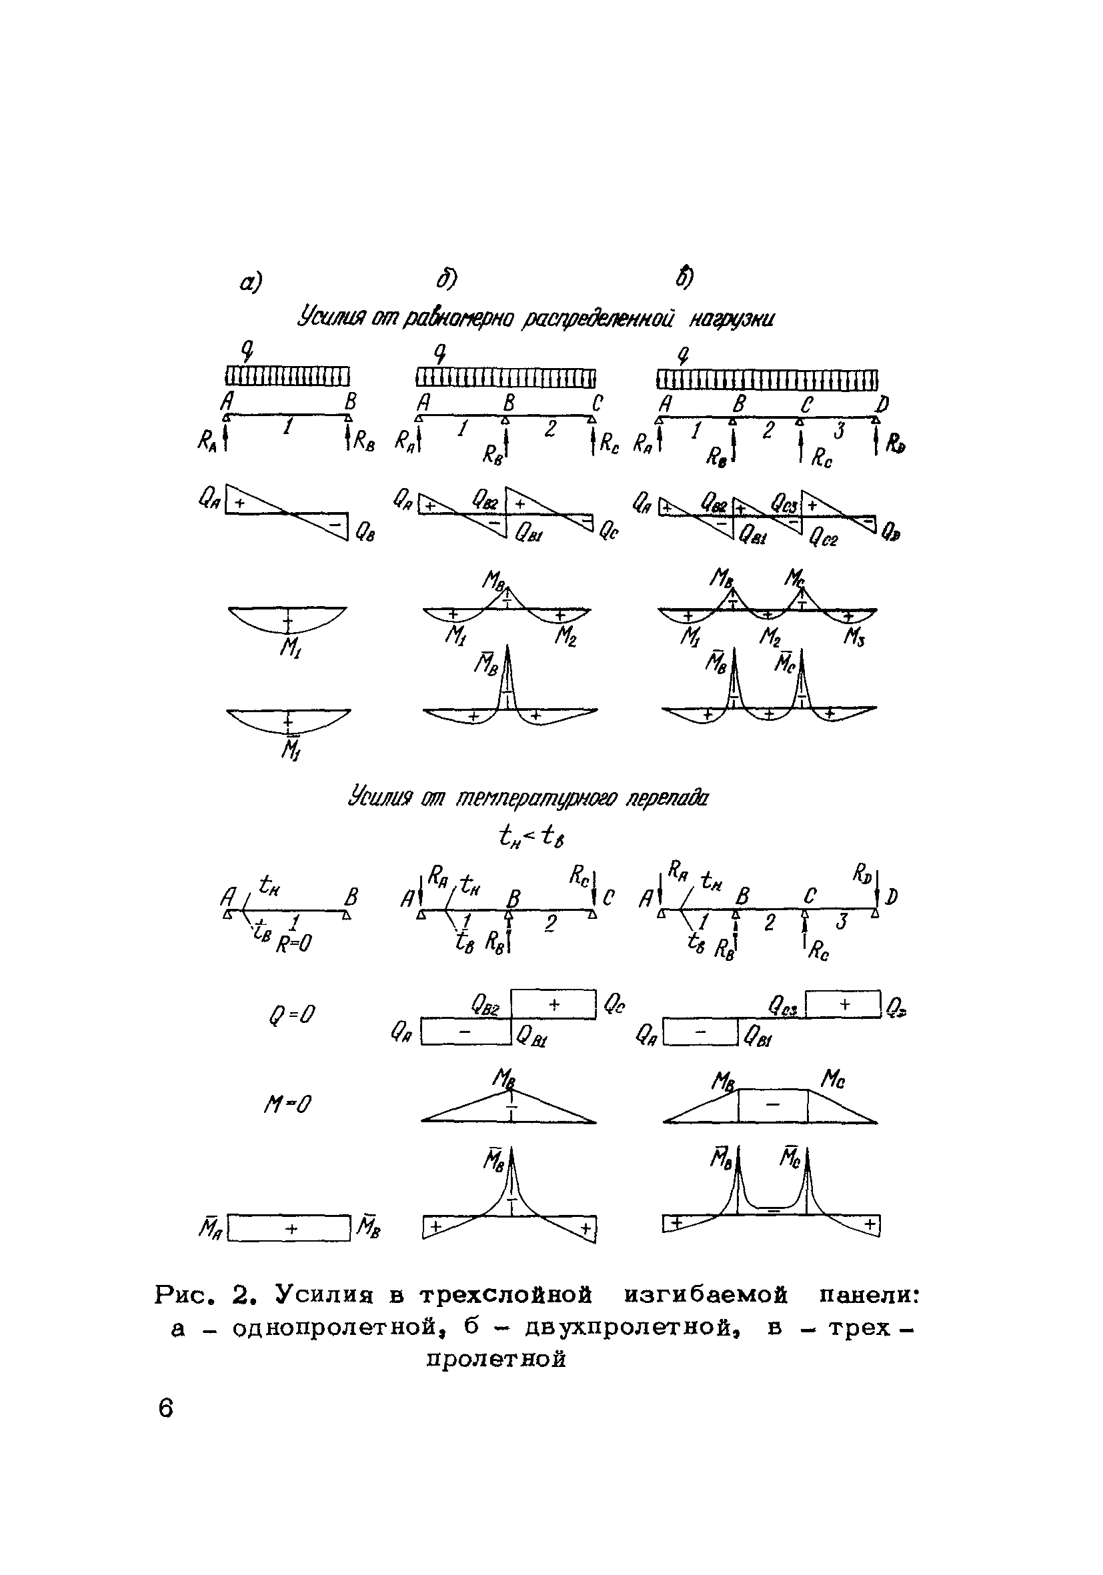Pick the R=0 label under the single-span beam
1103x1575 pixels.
click(x=294, y=946)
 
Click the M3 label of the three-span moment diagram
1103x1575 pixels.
click(x=855, y=639)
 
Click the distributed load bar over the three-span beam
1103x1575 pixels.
click(x=767, y=379)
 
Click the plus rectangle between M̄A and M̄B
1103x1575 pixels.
click(x=289, y=1228)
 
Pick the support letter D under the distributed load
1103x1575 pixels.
click(x=883, y=405)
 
